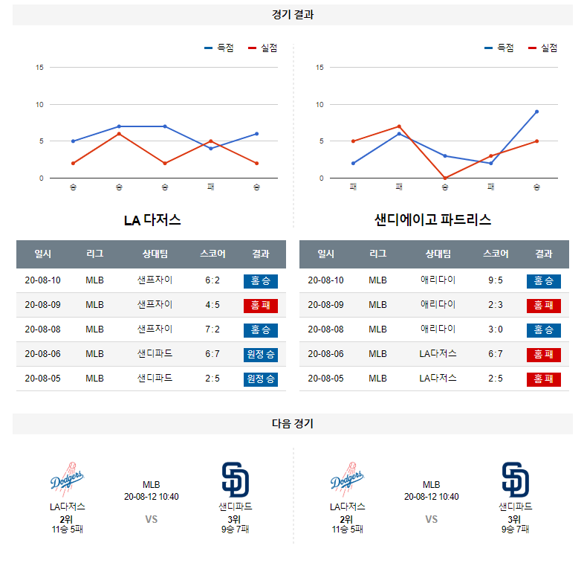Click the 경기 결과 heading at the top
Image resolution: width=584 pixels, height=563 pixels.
292,15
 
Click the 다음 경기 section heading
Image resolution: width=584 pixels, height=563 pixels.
292,424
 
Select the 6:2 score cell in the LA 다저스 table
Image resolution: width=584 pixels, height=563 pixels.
212,280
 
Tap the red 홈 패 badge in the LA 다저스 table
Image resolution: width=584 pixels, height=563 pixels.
260,305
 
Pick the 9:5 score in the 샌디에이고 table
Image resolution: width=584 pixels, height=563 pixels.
496,280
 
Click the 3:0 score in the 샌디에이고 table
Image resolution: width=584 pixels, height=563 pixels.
496,329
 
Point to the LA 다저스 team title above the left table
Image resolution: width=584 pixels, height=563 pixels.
152,220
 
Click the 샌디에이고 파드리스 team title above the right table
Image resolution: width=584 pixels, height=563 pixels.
433,220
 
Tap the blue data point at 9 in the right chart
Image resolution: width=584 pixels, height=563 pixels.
536,112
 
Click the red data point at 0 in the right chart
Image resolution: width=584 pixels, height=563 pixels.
445,178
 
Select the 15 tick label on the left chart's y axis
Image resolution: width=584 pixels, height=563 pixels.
39,68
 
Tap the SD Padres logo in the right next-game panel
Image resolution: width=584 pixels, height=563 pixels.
516,480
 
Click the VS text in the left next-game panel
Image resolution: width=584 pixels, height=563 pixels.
152,520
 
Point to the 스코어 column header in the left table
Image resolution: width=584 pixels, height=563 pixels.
212,254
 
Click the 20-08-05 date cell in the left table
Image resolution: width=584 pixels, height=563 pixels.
43,378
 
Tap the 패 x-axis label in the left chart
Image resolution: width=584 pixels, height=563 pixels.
211,187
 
